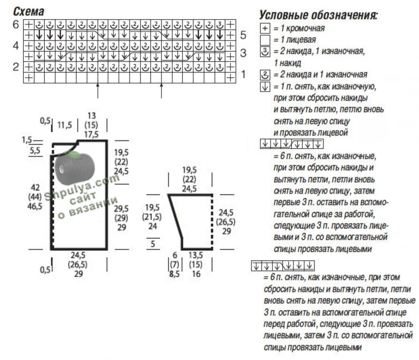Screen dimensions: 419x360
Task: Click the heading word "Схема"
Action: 28,12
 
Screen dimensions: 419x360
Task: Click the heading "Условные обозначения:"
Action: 318,15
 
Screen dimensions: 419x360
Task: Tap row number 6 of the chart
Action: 16,25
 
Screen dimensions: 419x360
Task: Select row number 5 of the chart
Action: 243,35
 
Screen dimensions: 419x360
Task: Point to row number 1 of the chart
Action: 243,74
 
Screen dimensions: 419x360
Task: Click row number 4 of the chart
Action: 16,46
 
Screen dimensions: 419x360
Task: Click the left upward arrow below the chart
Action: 98,91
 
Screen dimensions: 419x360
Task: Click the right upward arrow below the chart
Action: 161,91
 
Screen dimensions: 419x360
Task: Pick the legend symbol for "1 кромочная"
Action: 265,28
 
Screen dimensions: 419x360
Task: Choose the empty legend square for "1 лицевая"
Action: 265,40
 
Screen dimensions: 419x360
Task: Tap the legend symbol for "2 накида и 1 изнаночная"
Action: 265,75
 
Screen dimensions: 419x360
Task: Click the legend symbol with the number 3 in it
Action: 265,52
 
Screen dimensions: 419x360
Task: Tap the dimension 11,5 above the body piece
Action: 65,125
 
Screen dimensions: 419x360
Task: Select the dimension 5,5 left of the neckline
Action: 35,150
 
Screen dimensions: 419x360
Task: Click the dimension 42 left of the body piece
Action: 35,187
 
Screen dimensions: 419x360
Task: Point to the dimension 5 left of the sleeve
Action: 153,244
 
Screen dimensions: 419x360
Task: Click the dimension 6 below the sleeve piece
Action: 175,255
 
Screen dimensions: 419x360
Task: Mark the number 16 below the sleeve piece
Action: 196,274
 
